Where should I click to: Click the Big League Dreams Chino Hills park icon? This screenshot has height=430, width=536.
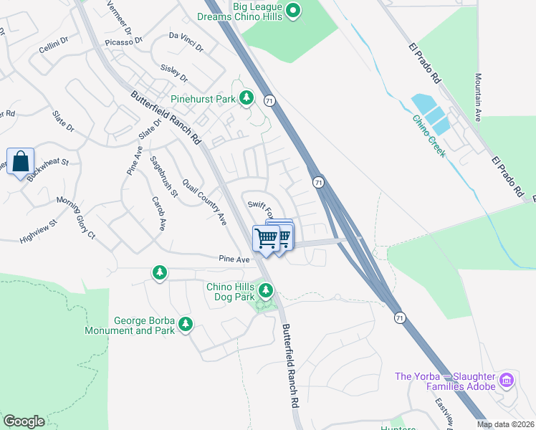tap(292, 11)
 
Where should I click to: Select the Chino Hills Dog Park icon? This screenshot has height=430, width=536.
tap(266, 290)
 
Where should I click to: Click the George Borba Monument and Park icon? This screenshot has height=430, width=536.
tap(186, 325)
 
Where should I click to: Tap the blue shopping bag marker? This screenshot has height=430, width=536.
tap(21, 162)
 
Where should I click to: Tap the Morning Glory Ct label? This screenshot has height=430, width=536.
tap(76, 216)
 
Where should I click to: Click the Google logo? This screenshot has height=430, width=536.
tap(24, 421)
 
